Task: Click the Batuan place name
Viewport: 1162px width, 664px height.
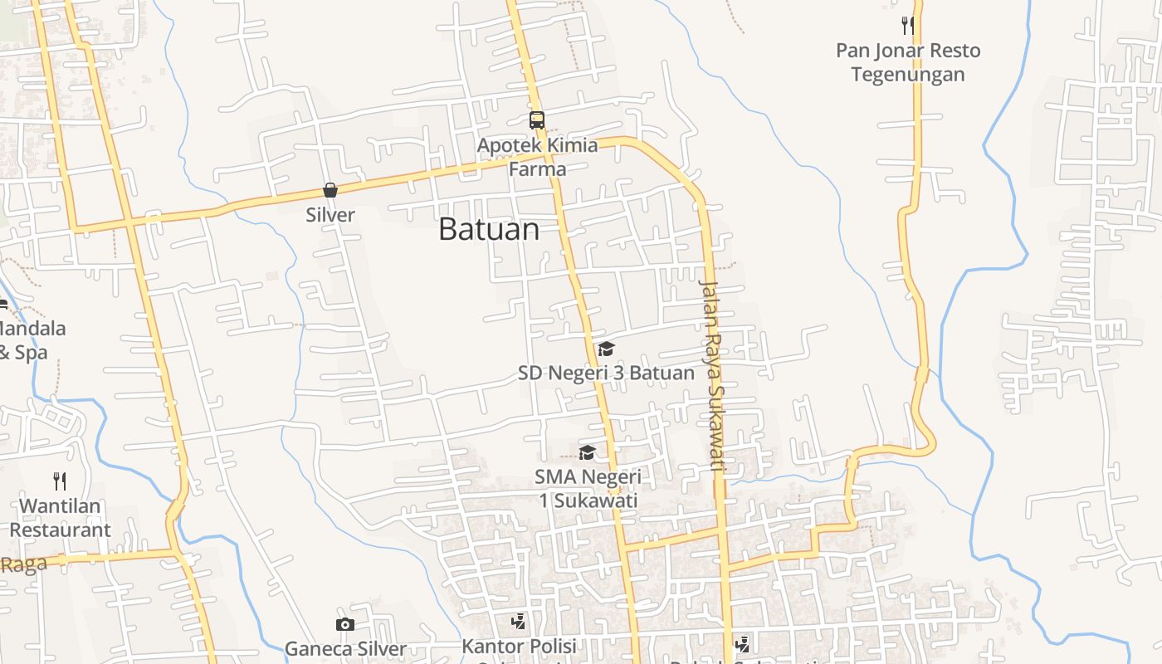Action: pos(489,229)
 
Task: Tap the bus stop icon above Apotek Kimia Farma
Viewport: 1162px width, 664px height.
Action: pos(537,120)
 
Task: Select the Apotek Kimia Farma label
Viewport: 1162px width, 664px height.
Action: pos(537,157)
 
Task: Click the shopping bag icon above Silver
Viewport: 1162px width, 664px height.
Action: pos(330,190)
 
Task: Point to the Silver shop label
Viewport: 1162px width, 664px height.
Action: pos(330,215)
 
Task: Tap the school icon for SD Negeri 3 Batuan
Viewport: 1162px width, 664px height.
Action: pos(607,349)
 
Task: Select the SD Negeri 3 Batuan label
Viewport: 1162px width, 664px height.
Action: pos(606,373)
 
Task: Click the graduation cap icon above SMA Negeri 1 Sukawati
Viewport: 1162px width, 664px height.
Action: pos(588,452)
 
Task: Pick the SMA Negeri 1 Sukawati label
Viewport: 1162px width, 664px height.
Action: pos(588,489)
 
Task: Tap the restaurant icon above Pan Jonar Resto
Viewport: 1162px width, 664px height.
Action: pos(908,26)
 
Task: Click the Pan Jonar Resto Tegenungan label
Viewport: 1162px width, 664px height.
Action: pos(908,62)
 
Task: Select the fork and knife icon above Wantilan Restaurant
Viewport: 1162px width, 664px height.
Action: pos(60,481)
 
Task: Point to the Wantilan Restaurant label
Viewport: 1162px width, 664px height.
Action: pos(60,517)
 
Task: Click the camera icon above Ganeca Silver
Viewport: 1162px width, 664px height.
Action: pos(345,624)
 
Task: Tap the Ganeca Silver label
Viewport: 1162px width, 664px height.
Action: pos(345,649)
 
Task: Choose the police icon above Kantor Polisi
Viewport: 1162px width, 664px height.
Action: pos(519,621)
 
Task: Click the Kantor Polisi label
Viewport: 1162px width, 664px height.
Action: pos(519,646)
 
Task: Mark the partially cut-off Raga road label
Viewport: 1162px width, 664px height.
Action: pos(22,565)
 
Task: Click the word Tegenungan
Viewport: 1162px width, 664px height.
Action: pos(908,75)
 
